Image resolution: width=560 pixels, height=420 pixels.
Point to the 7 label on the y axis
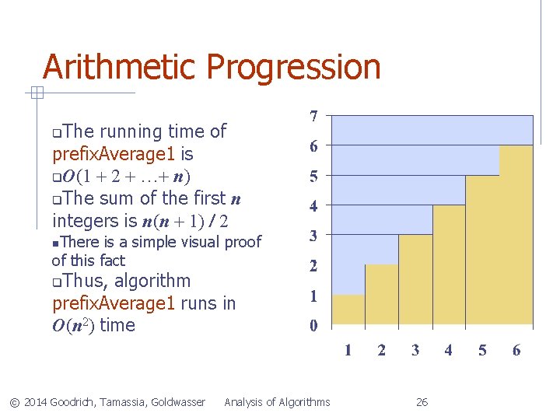coord(313,117)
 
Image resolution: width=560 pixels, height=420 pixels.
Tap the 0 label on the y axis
coord(313,326)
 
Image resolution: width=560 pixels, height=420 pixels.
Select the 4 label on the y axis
coord(313,207)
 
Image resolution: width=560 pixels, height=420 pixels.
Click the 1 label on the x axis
coord(348,350)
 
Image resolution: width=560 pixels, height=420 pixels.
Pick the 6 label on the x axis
coord(516,350)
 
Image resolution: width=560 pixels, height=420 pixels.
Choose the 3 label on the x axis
coord(415,350)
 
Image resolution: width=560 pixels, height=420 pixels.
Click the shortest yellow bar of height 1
coord(348,310)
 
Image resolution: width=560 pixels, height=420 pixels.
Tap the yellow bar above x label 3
coord(415,279)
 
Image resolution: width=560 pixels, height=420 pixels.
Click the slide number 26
coord(422,402)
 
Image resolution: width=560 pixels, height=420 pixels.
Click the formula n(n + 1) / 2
coord(184,220)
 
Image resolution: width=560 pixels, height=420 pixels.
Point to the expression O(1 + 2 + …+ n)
coord(124,176)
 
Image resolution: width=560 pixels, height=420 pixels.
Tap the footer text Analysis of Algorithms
coord(277,402)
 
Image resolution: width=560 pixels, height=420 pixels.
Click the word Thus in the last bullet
coord(83,281)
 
